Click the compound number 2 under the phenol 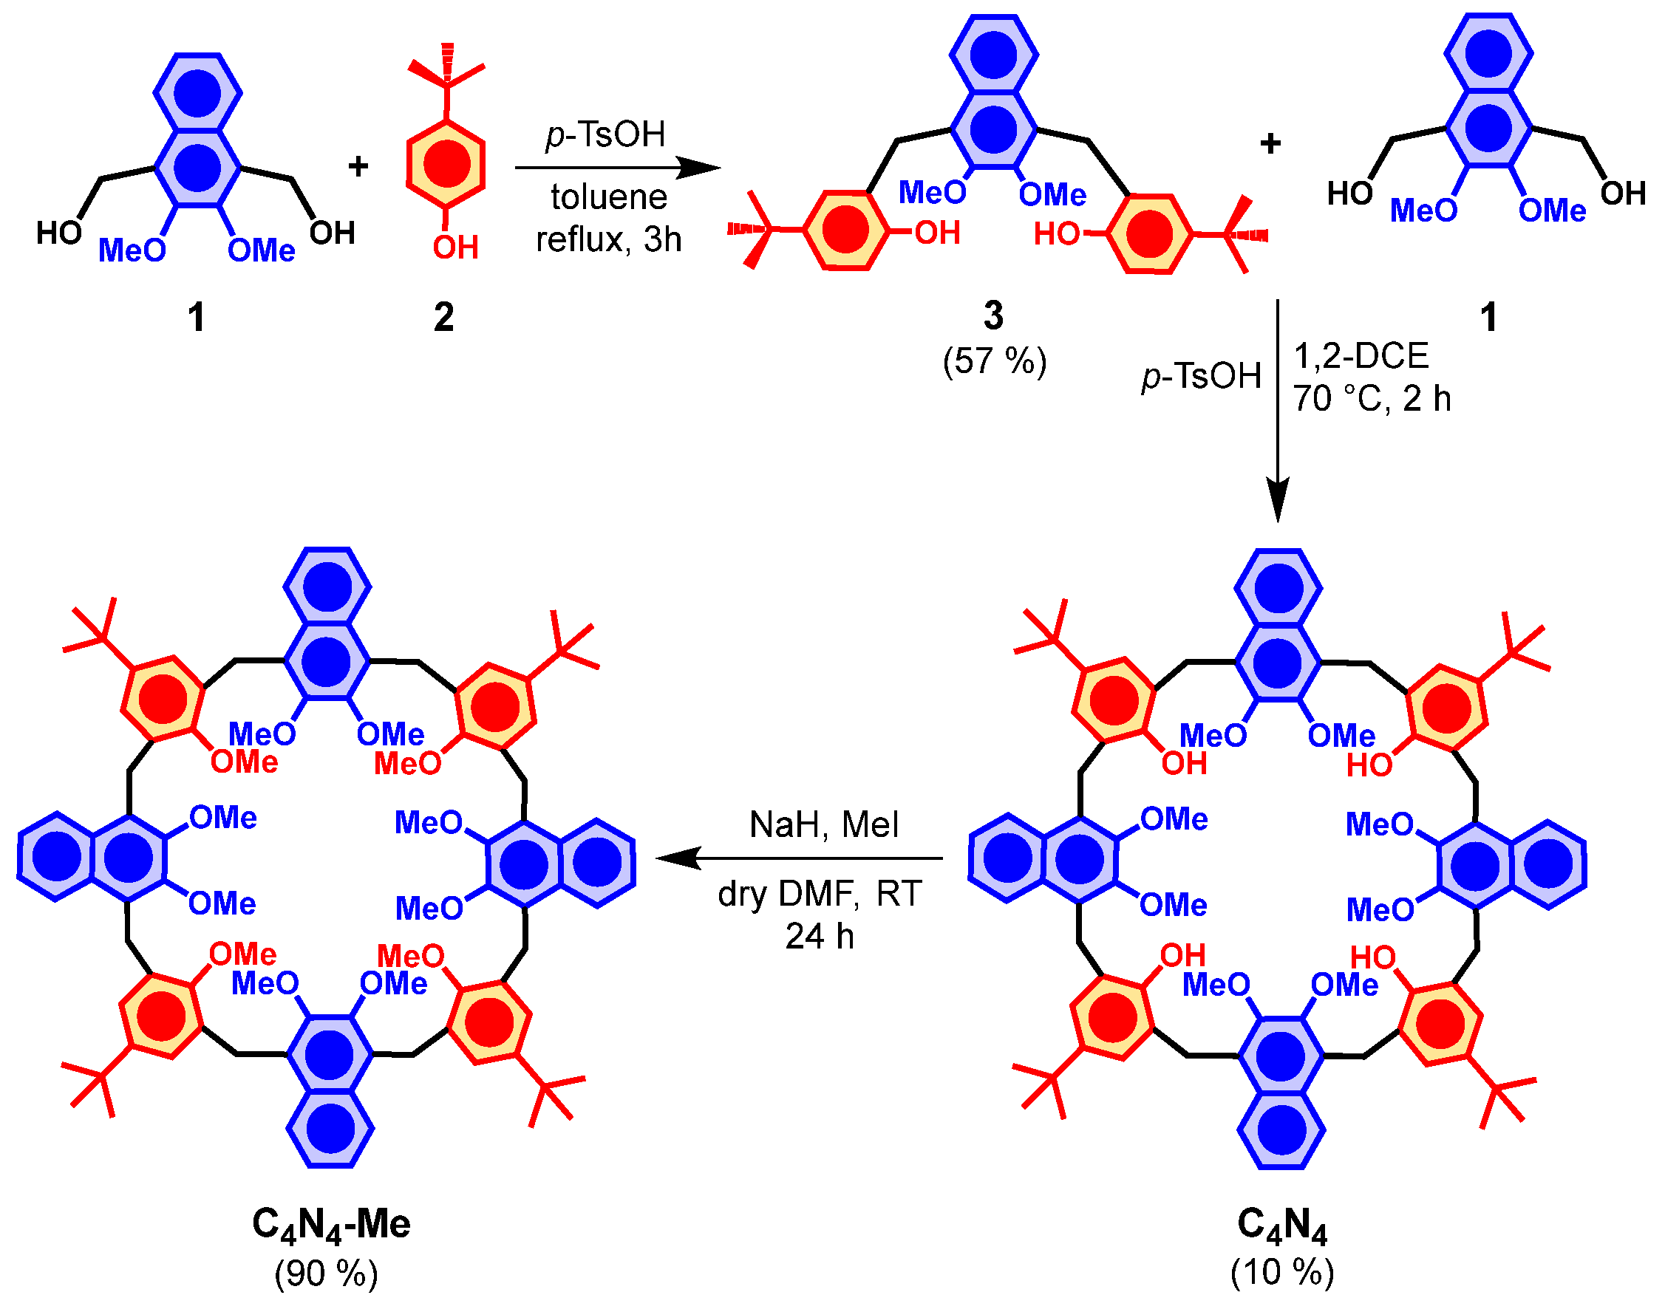click(x=443, y=316)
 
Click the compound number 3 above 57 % click(x=992, y=315)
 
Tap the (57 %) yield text click(x=994, y=360)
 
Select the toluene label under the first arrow click(x=609, y=198)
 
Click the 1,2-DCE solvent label click(x=1361, y=355)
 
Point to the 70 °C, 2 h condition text click(x=1372, y=398)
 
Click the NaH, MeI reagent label click(x=823, y=824)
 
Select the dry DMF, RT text click(x=820, y=894)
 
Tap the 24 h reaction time click(x=819, y=936)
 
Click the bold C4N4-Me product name click(x=331, y=1224)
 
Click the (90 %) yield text click(x=327, y=1273)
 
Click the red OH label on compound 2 click(x=455, y=247)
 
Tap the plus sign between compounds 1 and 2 click(x=358, y=166)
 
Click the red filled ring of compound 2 click(x=446, y=164)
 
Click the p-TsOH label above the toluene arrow click(x=605, y=135)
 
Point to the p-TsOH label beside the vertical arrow click(x=1200, y=376)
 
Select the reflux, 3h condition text click(x=608, y=239)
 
